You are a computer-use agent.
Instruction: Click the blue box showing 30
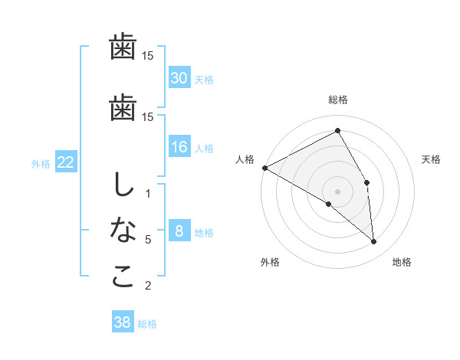pos(179,77)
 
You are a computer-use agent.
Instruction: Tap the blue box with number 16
pos(179,147)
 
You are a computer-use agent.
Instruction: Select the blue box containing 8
pos(179,231)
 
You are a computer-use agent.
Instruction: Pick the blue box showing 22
pos(65,162)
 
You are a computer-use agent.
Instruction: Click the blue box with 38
pos(123,322)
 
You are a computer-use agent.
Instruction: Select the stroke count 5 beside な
pos(148,240)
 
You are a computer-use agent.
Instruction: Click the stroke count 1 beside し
pos(148,194)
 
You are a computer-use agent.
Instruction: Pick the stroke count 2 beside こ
pos(148,286)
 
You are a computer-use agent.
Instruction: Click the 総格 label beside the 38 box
pos(147,324)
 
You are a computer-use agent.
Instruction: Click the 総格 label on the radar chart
pos(338,100)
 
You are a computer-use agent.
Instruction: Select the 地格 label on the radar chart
pos(402,262)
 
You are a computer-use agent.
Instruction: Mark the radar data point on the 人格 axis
pos(264,168)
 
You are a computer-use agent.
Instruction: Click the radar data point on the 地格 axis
pos(373,241)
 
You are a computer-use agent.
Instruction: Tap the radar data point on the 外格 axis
pos(329,204)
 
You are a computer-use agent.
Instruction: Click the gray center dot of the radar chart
pos(338,191)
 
